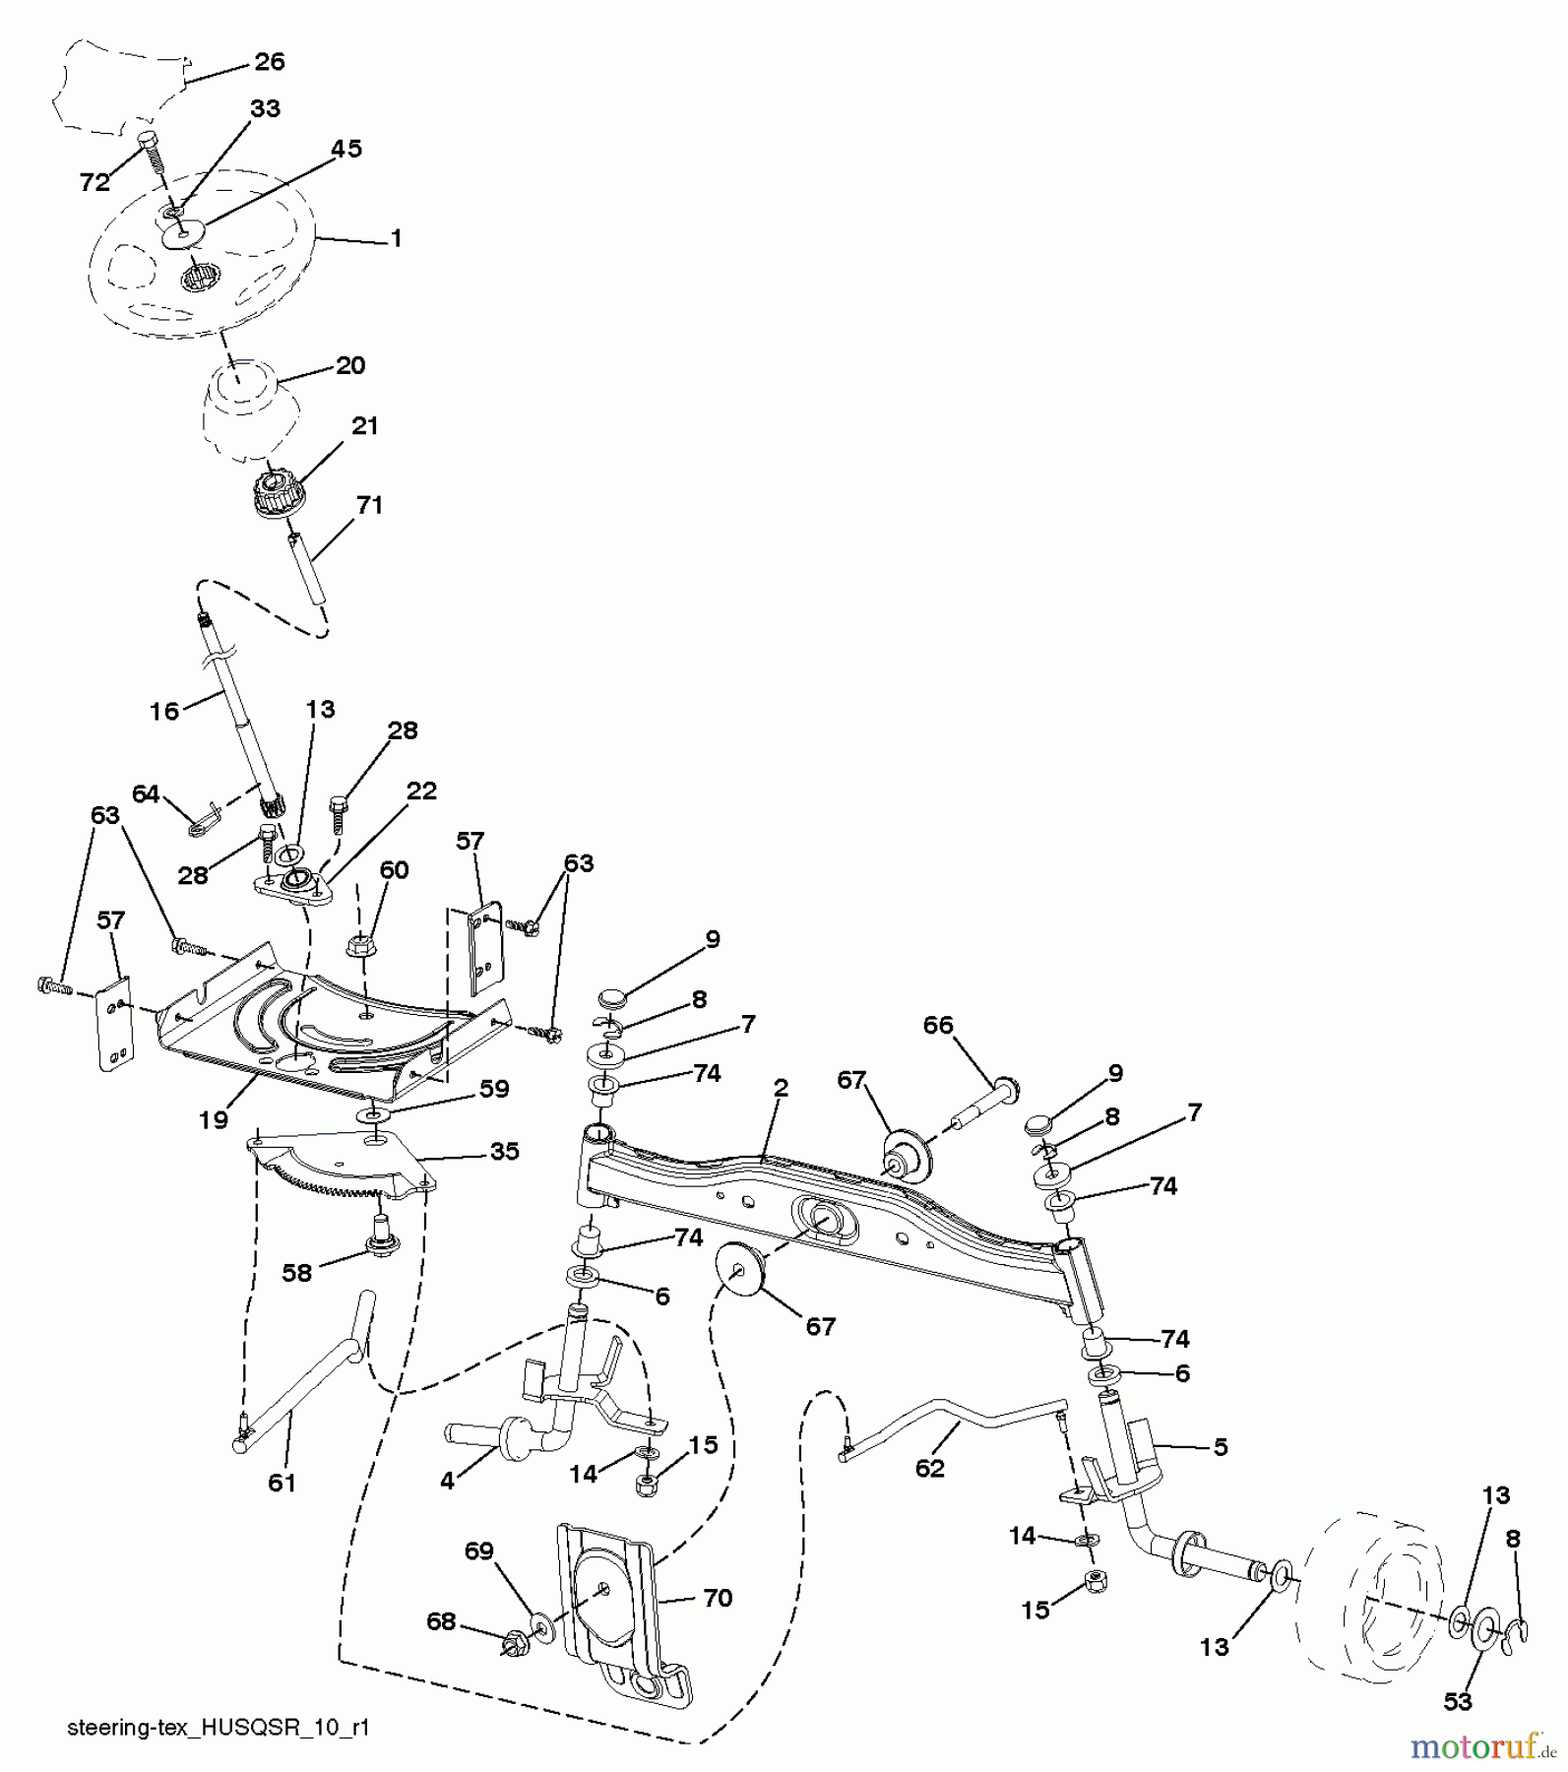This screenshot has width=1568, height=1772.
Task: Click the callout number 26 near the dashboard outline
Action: pyautogui.click(x=269, y=62)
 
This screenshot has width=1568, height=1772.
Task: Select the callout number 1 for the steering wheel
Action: pyautogui.click(x=396, y=239)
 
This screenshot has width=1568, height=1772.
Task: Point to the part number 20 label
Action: pyautogui.click(x=350, y=365)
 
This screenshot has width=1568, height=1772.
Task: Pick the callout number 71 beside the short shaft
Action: pyautogui.click(x=369, y=505)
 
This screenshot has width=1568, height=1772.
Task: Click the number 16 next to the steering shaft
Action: pyautogui.click(x=164, y=711)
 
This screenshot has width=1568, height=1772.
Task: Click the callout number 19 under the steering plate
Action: pyautogui.click(x=214, y=1119)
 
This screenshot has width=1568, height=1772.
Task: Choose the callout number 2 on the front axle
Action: pyautogui.click(x=781, y=1088)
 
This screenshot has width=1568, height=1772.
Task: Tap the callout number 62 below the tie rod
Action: pyautogui.click(x=929, y=1468)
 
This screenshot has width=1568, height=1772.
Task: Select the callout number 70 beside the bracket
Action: pyautogui.click(x=718, y=1598)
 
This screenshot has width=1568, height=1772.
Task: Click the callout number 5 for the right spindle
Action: pyautogui.click(x=1221, y=1447)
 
